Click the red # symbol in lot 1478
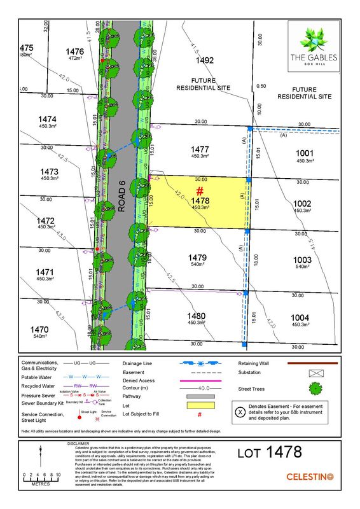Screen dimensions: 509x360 click(199, 191)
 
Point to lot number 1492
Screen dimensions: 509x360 click(204, 61)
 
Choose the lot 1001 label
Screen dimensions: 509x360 click(305, 153)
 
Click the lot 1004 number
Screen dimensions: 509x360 click(300, 317)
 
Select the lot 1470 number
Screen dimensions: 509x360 click(39, 330)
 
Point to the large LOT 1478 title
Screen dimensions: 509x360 click(269, 453)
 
